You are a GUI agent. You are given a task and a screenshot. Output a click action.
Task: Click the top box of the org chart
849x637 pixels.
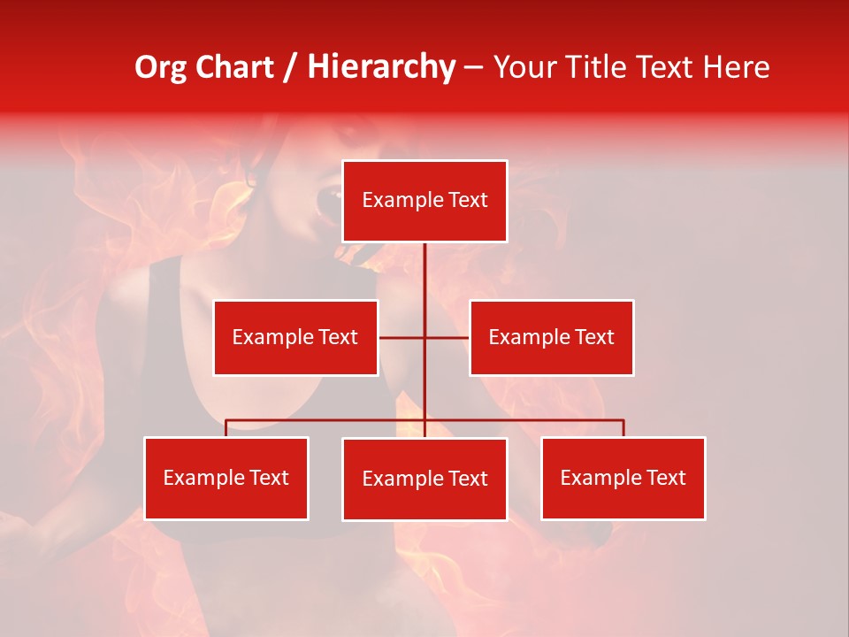click(424, 201)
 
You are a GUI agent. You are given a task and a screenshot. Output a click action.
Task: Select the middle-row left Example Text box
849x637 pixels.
click(295, 337)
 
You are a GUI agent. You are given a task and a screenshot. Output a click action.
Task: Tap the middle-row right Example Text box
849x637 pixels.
click(551, 337)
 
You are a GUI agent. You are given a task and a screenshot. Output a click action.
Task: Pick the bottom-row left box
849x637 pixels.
click(226, 478)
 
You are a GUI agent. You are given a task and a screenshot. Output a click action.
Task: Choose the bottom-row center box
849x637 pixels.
click(424, 479)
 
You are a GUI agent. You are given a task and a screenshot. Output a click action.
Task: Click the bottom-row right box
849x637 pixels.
click(623, 478)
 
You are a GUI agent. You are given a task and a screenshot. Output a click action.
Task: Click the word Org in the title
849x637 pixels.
click(162, 67)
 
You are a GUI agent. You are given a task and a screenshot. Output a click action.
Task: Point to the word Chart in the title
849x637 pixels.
click(234, 67)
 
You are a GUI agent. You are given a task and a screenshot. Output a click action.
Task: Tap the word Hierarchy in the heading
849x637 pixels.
click(381, 67)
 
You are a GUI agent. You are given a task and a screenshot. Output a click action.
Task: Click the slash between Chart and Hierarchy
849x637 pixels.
click(291, 67)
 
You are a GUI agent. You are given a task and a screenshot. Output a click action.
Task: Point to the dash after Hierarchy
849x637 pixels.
click(473, 67)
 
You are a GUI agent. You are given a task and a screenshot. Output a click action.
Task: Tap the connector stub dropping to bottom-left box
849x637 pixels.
click(226, 428)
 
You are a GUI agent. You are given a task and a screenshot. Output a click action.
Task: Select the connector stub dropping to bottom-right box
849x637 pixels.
click(623, 428)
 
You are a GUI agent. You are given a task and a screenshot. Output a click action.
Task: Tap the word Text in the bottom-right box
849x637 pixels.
click(666, 478)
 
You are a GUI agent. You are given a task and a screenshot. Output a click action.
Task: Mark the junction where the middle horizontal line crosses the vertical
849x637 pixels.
click(424, 337)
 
